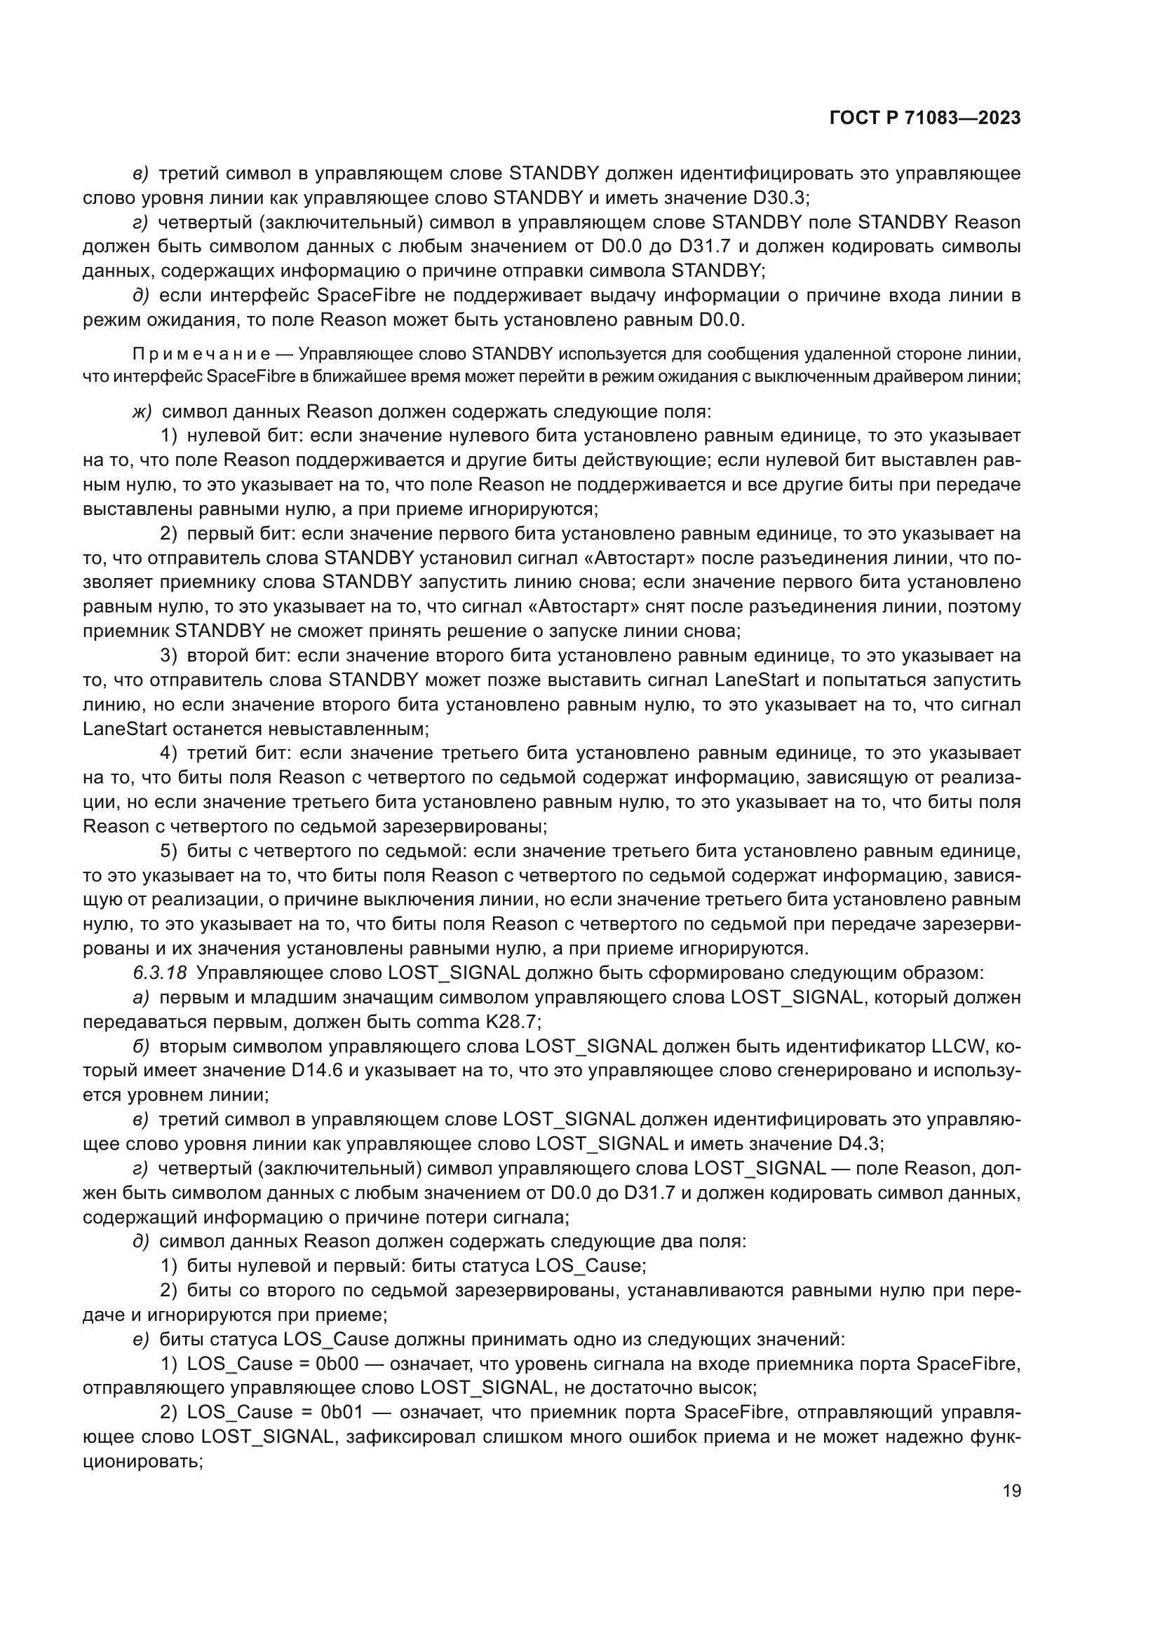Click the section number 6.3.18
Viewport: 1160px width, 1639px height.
tap(160, 973)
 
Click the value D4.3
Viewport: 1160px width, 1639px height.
tap(858, 1144)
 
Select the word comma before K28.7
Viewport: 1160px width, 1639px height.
tap(447, 1022)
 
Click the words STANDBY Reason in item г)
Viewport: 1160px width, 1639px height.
tap(938, 222)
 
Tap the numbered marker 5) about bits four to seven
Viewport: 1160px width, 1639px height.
tap(168, 851)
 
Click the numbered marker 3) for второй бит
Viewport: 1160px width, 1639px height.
tap(168, 655)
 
